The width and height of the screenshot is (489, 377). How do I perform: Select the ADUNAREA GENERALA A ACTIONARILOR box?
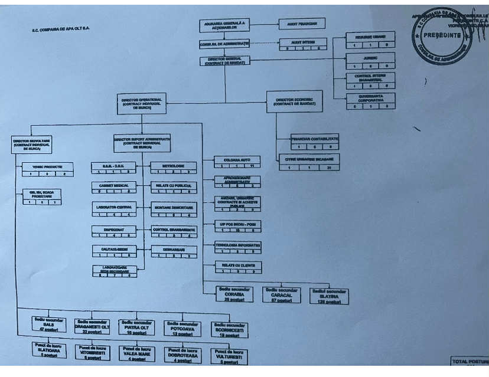coord(223,25)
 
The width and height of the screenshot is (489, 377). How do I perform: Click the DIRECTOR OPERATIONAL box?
coord(141,103)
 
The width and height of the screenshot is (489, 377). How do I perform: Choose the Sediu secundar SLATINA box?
coord(329,296)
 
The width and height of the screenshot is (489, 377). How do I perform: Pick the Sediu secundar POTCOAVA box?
coord(182,328)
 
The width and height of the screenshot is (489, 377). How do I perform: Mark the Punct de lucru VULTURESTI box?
coord(229,356)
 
